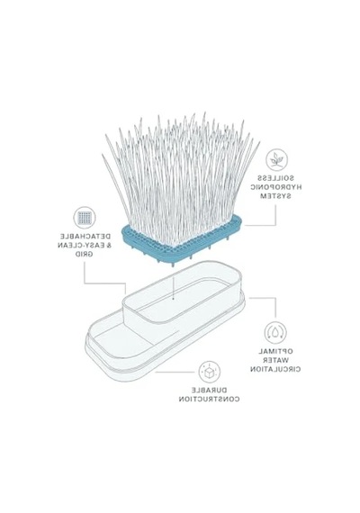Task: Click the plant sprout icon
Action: (x=276, y=160)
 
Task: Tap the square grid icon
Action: (x=85, y=217)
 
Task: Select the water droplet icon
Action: (x=275, y=333)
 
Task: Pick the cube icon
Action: (x=209, y=372)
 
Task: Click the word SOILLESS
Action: (x=275, y=178)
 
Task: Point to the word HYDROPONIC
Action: (x=276, y=187)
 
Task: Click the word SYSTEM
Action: (x=275, y=196)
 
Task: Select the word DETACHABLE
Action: (x=85, y=236)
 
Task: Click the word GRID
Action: (x=84, y=254)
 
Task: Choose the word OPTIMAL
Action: (x=276, y=351)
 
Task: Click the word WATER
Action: (x=275, y=360)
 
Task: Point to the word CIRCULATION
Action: (x=275, y=369)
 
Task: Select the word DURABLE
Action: (x=209, y=390)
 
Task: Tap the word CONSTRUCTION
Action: (x=209, y=399)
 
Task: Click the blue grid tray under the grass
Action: (x=181, y=242)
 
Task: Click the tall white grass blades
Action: (x=181, y=176)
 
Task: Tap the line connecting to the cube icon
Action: (x=175, y=372)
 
